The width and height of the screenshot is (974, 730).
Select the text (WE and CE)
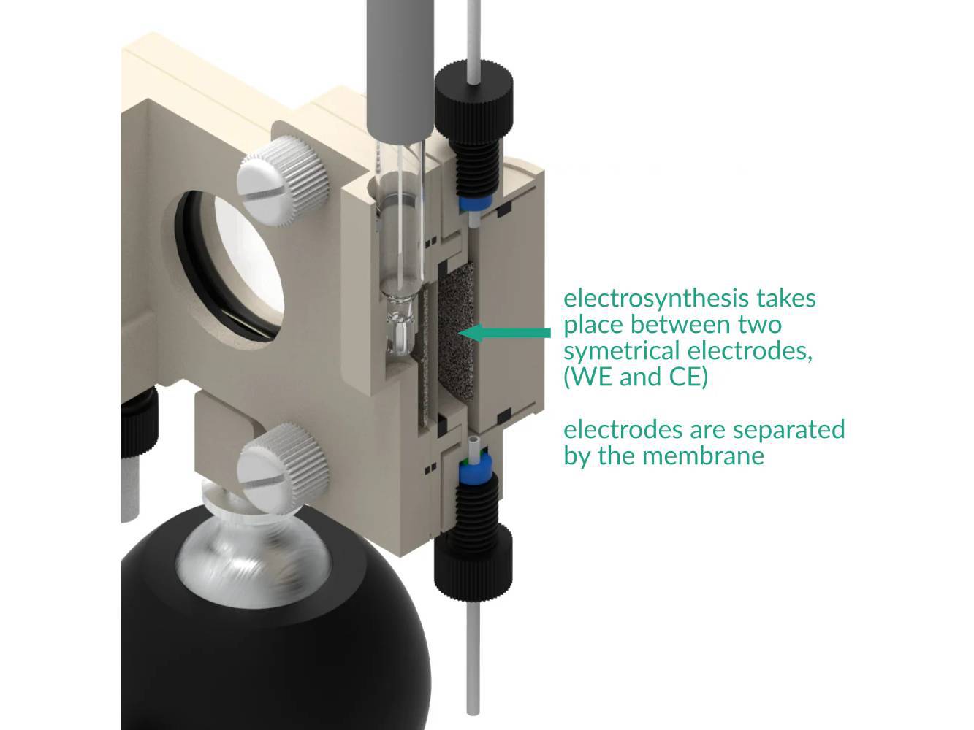pos(635,377)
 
